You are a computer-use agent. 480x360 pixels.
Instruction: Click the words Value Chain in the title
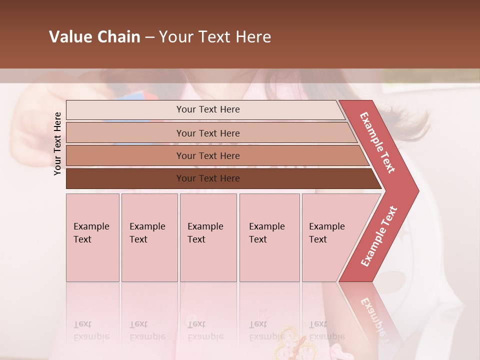tap(94, 37)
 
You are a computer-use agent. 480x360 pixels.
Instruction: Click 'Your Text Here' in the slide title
tap(215, 37)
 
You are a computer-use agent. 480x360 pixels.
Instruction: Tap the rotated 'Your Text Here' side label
tap(57, 143)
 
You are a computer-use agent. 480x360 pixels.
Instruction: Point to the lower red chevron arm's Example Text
tap(378, 236)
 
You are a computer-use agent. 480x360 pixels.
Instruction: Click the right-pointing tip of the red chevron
tap(412, 190)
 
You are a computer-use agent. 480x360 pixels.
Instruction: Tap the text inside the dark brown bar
tap(208, 178)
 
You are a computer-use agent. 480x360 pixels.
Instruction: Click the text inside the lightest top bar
tap(208, 109)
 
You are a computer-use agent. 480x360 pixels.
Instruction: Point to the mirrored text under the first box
tap(91, 330)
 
